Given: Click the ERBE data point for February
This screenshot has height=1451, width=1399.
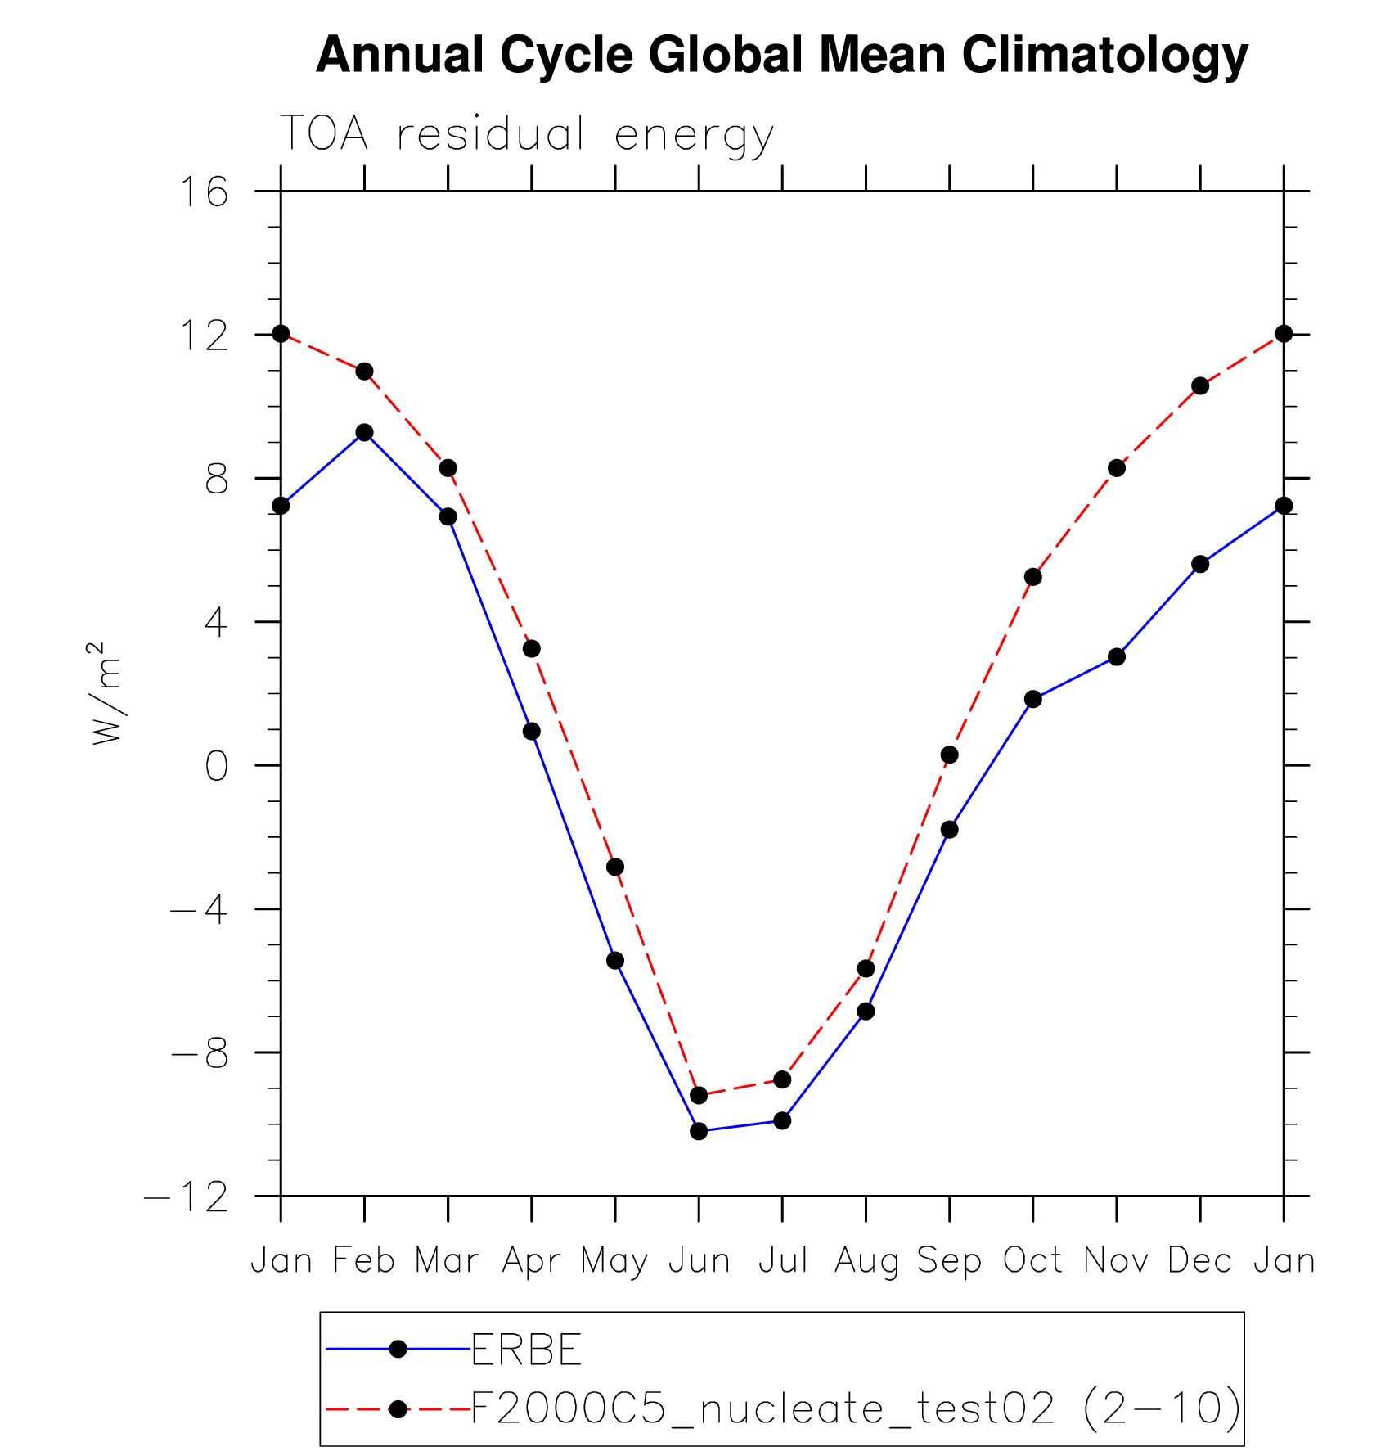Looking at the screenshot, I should coord(364,432).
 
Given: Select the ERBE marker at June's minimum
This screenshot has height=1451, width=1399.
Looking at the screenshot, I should coord(699,1131).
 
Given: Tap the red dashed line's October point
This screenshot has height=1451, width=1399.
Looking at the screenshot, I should coord(1033,577).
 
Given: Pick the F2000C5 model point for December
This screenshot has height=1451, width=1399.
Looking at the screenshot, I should coord(1200,385).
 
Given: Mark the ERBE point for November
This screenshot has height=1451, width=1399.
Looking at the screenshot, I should coord(1117,656).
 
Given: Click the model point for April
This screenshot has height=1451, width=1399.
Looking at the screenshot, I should coord(532,648).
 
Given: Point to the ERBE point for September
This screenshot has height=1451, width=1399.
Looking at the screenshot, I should coord(949,829).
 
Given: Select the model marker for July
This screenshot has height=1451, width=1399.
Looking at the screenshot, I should coord(783,1079).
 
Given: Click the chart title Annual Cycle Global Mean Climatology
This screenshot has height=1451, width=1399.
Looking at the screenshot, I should coord(781,56).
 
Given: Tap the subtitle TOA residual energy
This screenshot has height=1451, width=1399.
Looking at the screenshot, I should coord(526,134).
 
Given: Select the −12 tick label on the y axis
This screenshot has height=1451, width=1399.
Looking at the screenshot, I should coord(187,1196).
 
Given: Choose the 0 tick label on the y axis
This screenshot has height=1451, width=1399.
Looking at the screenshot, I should coord(216,766).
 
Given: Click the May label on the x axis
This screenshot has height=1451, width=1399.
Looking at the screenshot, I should coord(614,1261).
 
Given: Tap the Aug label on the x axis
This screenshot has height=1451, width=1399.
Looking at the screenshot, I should coord(866,1261).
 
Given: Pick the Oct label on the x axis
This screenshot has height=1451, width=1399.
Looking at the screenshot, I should coord(1032,1260).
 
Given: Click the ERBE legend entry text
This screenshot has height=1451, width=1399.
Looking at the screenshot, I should coord(527,1350).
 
